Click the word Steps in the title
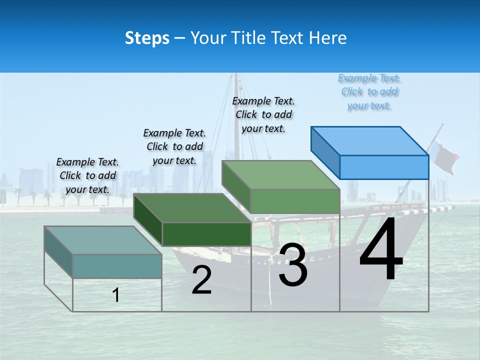pyautogui.click(x=147, y=38)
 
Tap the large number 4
pyautogui.click(x=381, y=250)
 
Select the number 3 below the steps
pyautogui.click(x=292, y=265)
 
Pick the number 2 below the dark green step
pyautogui.click(x=201, y=280)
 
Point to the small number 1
pyautogui.click(x=116, y=295)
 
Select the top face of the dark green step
pyautogui.click(x=192, y=207)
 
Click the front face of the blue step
pyautogui.click(x=384, y=167)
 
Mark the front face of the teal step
pyautogui.click(x=117, y=266)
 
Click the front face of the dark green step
pyautogui.click(x=206, y=234)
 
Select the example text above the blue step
pyautogui.click(x=369, y=92)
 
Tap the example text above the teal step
pyautogui.click(x=88, y=176)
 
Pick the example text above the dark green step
pyautogui.click(x=174, y=146)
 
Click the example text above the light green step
pyautogui.click(x=263, y=114)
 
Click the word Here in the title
pyautogui.click(x=328, y=38)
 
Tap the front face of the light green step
pyautogui.click(x=295, y=201)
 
